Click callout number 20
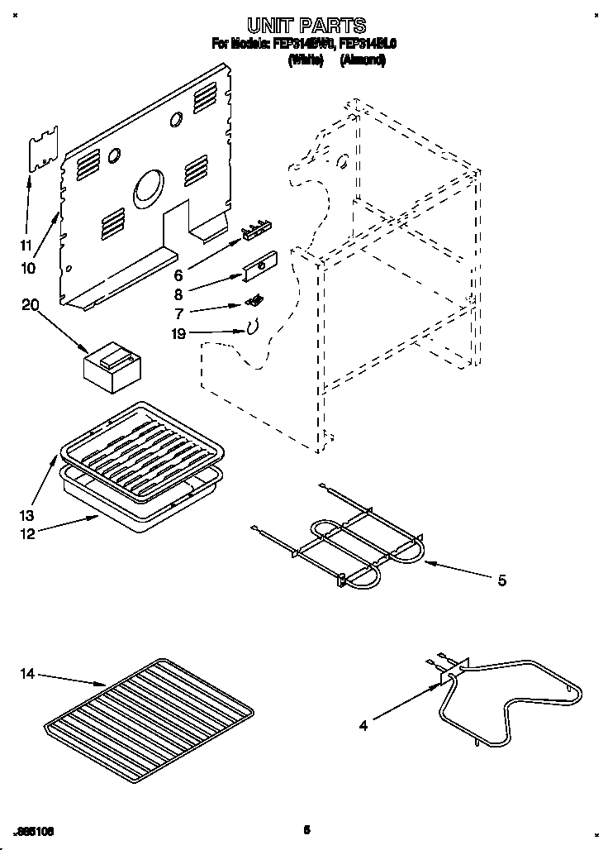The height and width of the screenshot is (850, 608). click(x=30, y=304)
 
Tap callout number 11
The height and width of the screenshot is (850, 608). click(x=26, y=245)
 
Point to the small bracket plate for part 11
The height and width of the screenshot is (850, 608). click(x=44, y=149)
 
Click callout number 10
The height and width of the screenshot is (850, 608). click(x=28, y=268)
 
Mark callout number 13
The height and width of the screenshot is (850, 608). click(x=26, y=513)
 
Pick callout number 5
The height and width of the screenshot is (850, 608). click(x=501, y=580)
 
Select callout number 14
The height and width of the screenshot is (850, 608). click(x=28, y=676)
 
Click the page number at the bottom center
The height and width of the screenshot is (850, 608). click(x=306, y=829)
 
